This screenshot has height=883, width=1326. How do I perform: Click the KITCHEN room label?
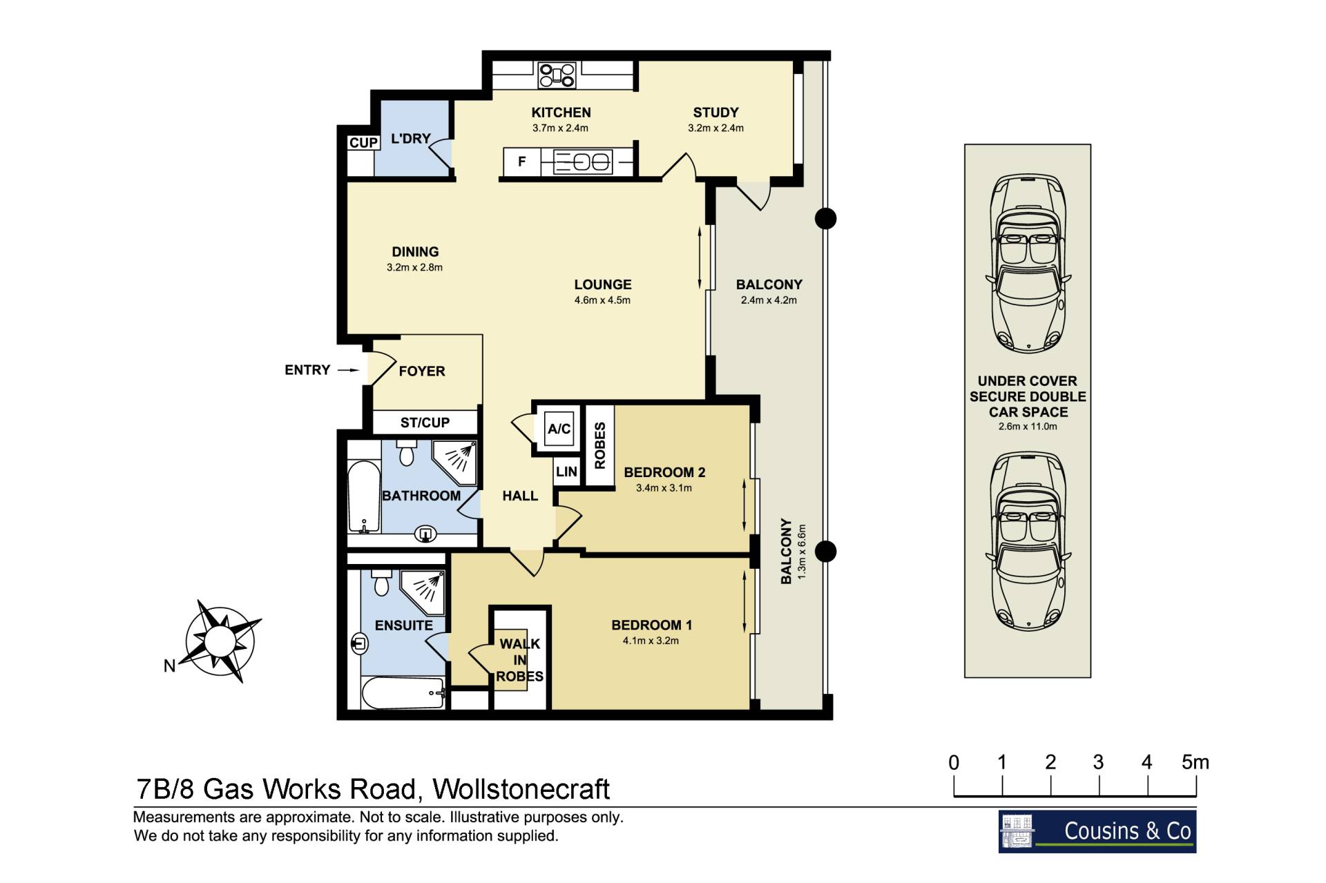click(x=561, y=113)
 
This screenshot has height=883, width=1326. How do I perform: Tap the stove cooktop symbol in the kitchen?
click(x=557, y=75)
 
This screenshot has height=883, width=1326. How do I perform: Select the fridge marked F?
click(x=522, y=162)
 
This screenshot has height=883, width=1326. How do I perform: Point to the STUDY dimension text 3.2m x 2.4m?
click(x=715, y=128)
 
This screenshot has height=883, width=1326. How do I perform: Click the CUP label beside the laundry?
click(x=363, y=142)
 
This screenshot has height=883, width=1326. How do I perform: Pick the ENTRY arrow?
click(x=348, y=370)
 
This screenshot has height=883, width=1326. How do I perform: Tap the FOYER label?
click(x=422, y=371)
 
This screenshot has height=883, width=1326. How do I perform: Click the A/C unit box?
click(x=559, y=428)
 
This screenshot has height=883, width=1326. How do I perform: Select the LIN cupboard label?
click(x=566, y=472)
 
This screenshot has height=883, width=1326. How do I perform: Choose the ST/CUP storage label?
click(x=425, y=423)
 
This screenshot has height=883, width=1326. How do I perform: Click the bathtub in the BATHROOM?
click(x=363, y=496)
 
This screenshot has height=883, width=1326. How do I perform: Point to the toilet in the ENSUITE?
click(x=381, y=581)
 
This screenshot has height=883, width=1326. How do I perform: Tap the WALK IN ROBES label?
click(x=520, y=660)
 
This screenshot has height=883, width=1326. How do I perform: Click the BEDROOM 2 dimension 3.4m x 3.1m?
click(x=664, y=488)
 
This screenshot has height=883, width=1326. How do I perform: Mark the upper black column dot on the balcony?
click(x=825, y=219)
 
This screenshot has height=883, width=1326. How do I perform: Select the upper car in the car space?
click(x=1028, y=264)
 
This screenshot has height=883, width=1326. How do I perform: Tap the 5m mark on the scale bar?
click(x=1195, y=762)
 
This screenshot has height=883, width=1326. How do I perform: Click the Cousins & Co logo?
click(x=1097, y=831)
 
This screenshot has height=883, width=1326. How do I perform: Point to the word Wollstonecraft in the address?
click(x=521, y=789)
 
